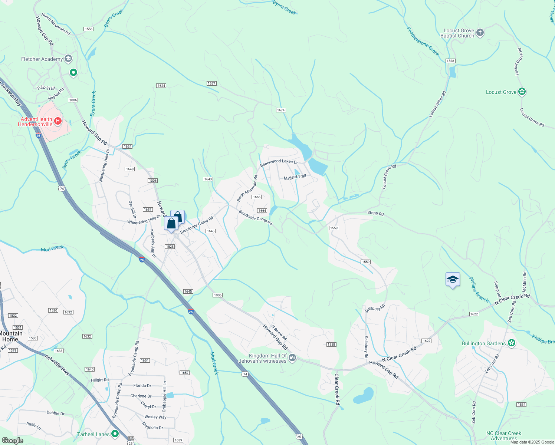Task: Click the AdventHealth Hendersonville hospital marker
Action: coord(58,121)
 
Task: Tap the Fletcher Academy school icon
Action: coord(68,59)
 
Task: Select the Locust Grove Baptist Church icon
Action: coord(480,33)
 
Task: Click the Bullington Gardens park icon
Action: coord(512,343)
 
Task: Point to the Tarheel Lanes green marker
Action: coord(115,434)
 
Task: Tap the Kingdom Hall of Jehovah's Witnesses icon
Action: coord(292,357)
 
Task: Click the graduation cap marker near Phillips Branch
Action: coord(453,279)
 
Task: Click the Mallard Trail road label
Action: coord(295,177)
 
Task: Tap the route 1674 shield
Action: coord(281,110)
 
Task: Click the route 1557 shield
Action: coord(211,83)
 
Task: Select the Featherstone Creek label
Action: coord(423,41)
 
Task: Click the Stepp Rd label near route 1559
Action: coord(375,213)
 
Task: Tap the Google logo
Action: coord(12,441)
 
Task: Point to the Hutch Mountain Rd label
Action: coord(56,24)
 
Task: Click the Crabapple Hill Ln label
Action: coord(164,396)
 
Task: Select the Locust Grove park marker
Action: coord(522,91)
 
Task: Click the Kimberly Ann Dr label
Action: coord(153,243)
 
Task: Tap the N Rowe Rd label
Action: coord(279,333)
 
